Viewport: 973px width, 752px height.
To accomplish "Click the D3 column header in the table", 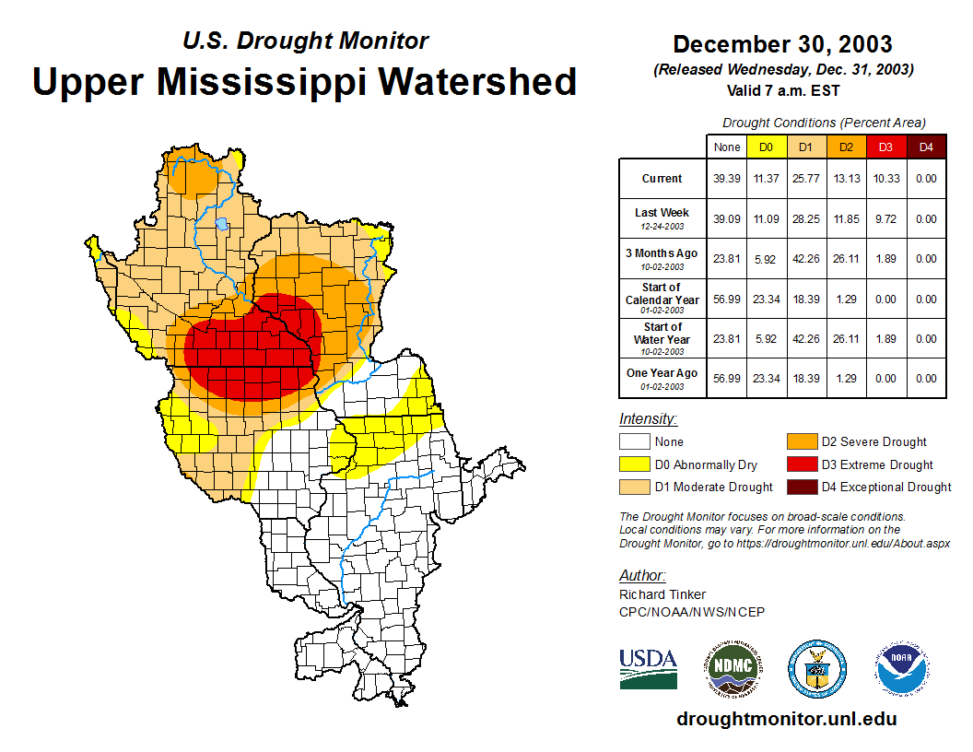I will [885, 147].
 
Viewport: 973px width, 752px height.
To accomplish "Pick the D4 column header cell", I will [926, 147].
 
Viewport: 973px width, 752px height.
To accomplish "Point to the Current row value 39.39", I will [727, 179].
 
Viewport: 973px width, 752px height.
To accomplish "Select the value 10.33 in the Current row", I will [885, 179].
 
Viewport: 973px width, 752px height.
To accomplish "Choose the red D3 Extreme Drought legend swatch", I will [802, 464].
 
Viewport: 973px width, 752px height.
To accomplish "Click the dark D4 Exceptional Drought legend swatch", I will [802, 487].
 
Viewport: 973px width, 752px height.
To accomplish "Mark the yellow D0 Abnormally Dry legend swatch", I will [635, 464].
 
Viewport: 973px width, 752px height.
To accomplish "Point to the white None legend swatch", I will [635, 442].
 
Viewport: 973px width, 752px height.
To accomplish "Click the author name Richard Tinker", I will [662, 594].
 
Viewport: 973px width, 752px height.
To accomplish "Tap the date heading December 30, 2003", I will [782, 44].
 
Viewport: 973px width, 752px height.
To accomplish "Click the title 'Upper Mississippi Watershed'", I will [305, 81].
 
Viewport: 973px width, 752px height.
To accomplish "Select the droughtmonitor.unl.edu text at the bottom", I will [786, 719].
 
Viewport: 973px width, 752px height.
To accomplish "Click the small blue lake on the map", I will [222, 223].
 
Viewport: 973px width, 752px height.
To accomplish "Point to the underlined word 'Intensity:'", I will [648, 419].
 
